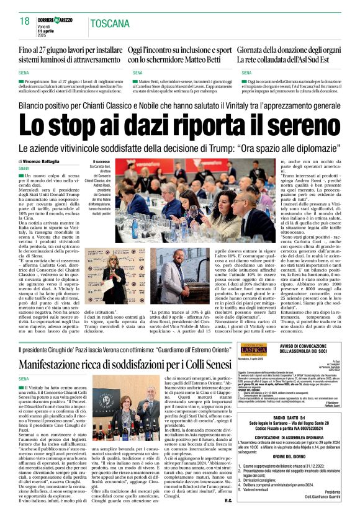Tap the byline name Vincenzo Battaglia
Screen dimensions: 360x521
pyautogui.click(x=52, y=161)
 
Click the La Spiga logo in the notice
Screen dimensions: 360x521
pyautogui.click(x=255, y=350)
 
